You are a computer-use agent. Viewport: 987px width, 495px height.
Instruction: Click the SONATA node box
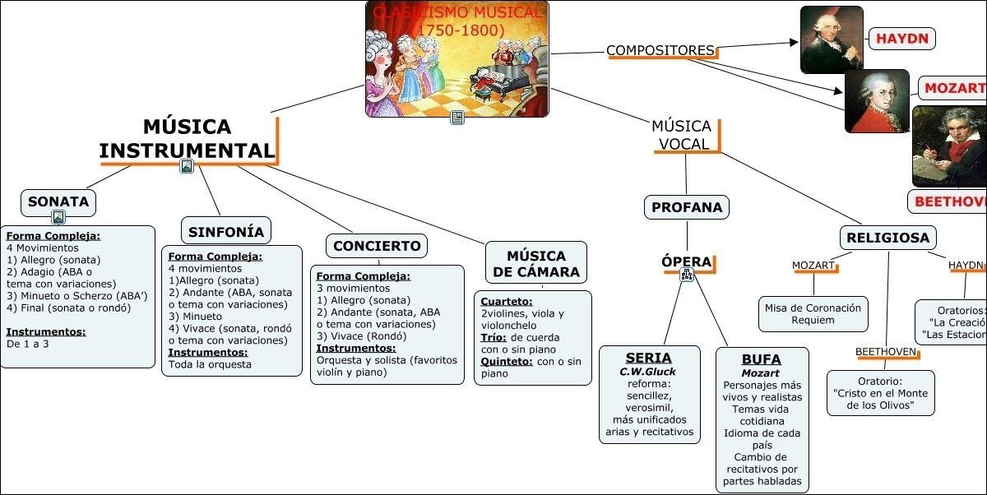pyautogui.click(x=58, y=202)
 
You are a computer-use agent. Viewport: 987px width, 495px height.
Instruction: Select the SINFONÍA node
pyautogui.click(x=226, y=232)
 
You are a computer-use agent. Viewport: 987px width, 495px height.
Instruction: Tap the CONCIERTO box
pyautogui.click(x=378, y=246)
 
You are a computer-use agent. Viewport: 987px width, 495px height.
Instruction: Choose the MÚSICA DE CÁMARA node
pyautogui.click(x=536, y=264)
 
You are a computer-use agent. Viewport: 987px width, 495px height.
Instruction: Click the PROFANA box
pyautogui.click(x=687, y=208)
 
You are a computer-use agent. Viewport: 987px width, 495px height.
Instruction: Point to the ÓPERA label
pyautogui.click(x=687, y=262)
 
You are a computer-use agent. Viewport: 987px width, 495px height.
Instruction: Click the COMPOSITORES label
pyautogui.click(x=660, y=51)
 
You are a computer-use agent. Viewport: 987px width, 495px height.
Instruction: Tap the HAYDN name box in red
pyautogui.click(x=901, y=39)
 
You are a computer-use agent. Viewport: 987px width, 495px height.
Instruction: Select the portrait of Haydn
pyautogui.click(x=832, y=39)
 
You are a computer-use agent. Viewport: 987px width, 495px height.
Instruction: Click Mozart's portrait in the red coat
pyautogui.click(x=877, y=101)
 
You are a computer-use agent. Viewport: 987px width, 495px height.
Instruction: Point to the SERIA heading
pyautogui.click(x=649, y=359)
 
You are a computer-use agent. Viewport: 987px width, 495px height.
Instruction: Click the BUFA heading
pyautogui.click(x=762, y=359)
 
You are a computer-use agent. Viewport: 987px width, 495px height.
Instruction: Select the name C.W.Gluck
pyautogui.click(x=648, y=372)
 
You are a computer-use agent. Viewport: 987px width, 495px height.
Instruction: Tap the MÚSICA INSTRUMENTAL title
pyautogui.click(x=187, y=139)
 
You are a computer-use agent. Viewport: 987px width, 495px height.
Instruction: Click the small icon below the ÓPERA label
pyautogui.click(x=687, y=276)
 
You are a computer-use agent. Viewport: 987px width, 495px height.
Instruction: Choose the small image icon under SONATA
pyautogui.click(x=58, y=218)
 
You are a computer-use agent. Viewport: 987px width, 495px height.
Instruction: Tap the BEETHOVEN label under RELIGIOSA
pyautogui.click(x=886, y=352)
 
